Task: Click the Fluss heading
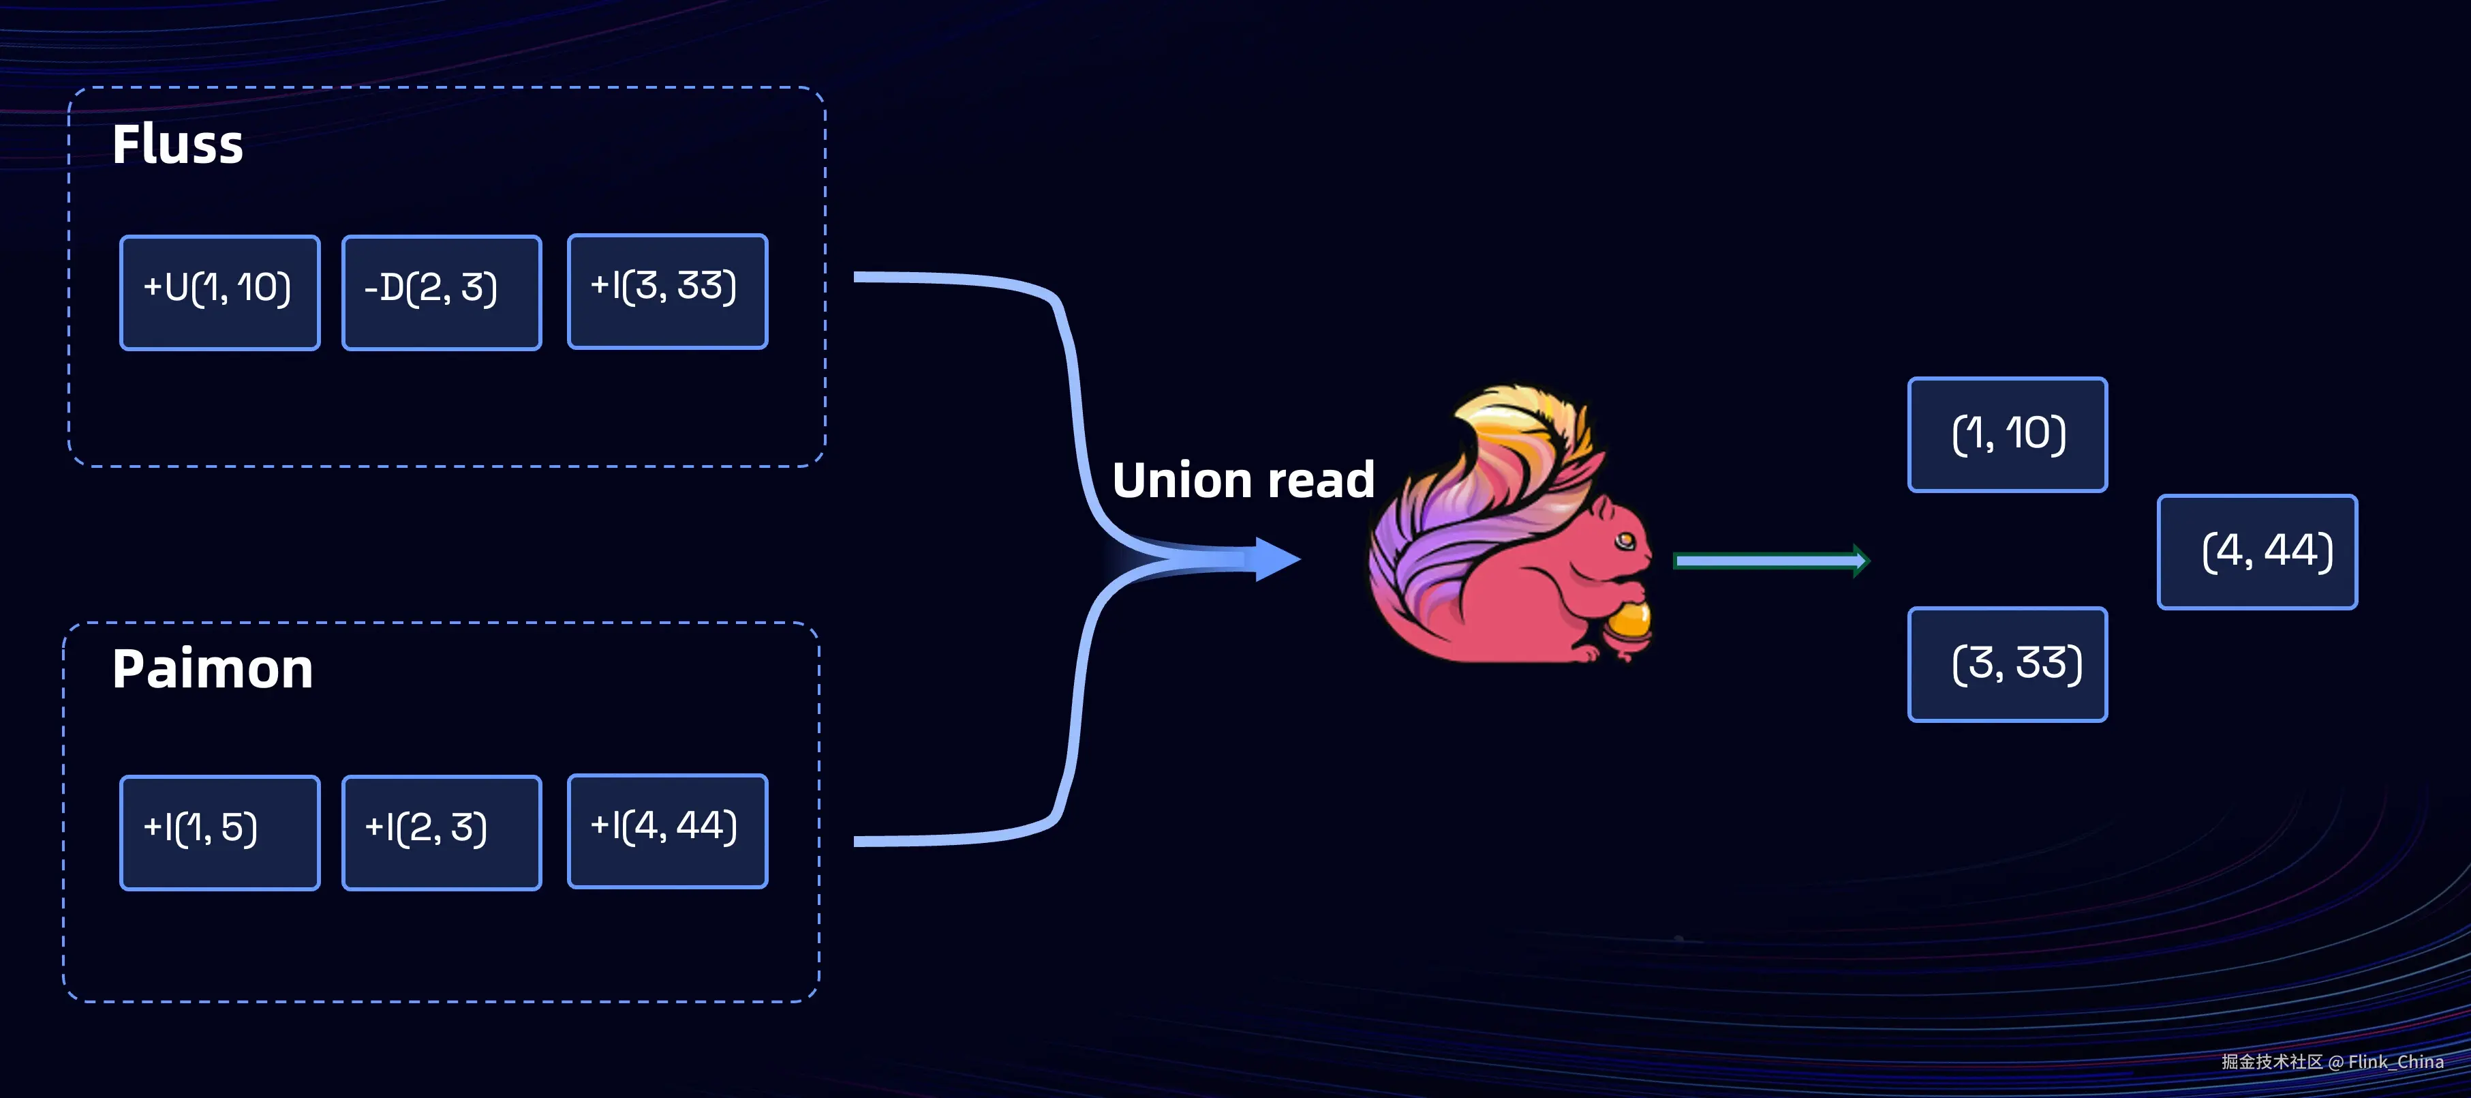pyautogui.click(x=177, y=145)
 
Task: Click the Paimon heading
pyautogui.click(x=212, y=669)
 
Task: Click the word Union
pyautogui.click(x=1181, y=480)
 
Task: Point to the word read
pyautogui.click(x=1321, y=480)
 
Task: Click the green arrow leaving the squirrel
pyautogui.click(x=1770, y=561)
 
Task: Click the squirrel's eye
pyautogui.click(x=1624, y=541)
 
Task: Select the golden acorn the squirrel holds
pyautogui.click(x=1629, y=623)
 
